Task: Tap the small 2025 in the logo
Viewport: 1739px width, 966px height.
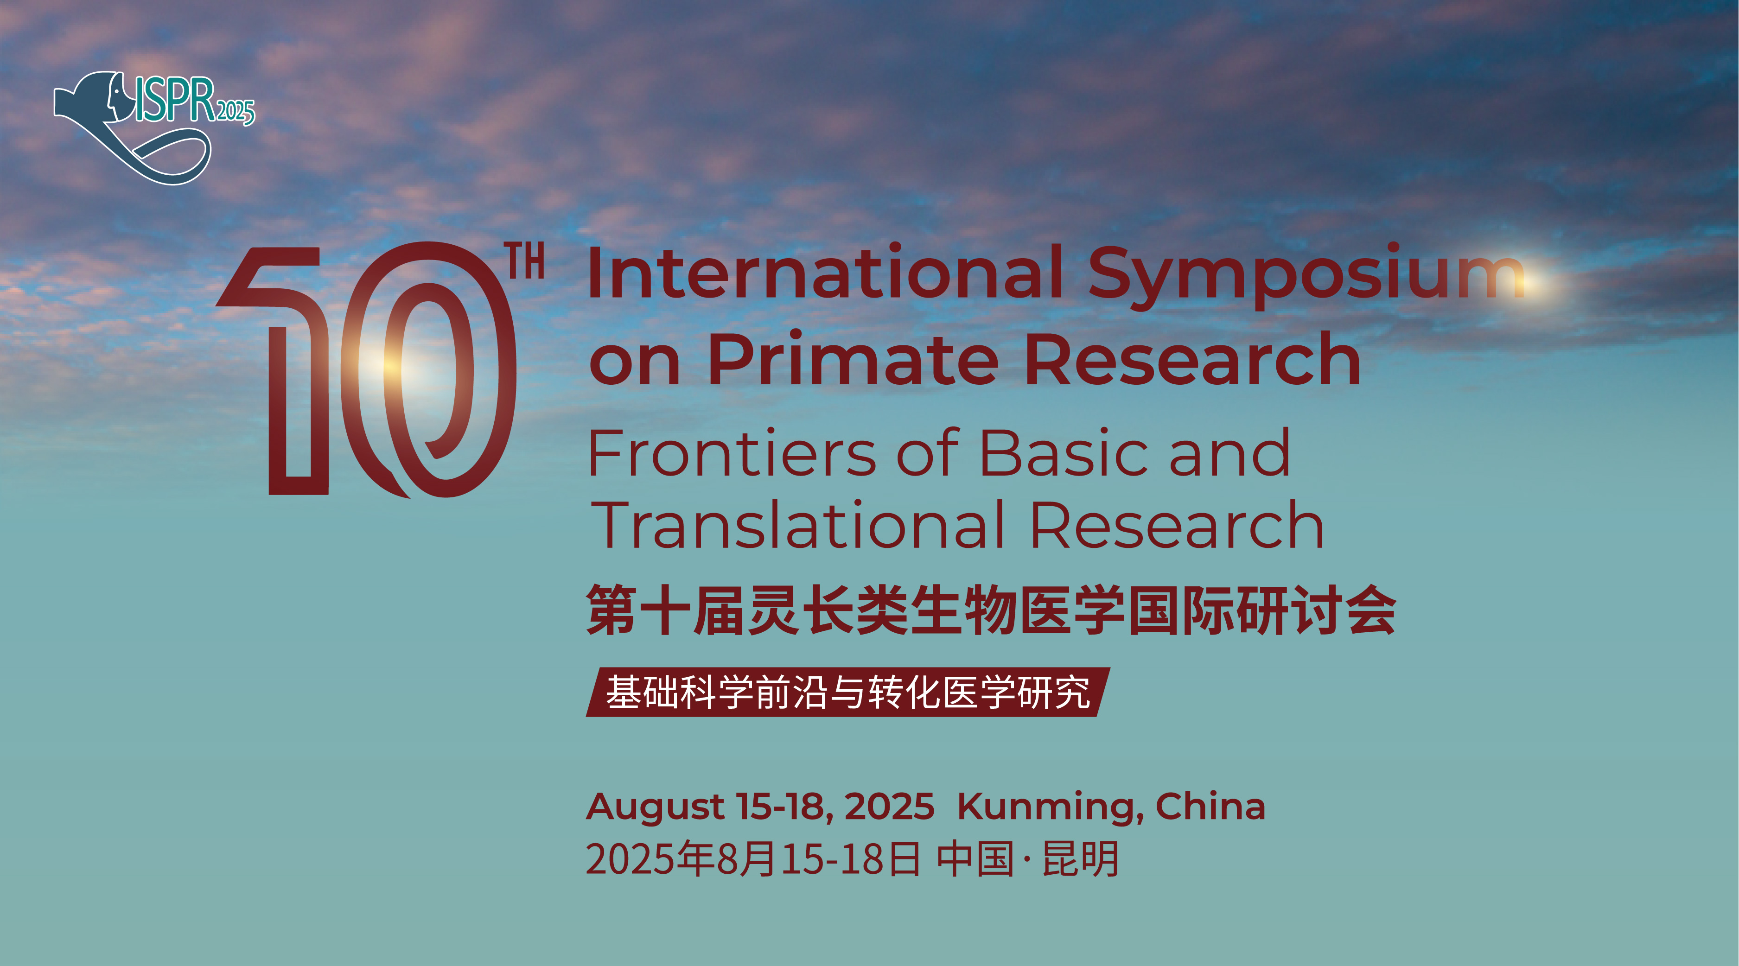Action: click(235, 111)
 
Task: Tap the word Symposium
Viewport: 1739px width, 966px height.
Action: click(1306, 277)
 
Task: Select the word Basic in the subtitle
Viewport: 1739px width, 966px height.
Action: click(1063, 453)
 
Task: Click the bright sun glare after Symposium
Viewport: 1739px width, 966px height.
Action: click(1532, 282)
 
